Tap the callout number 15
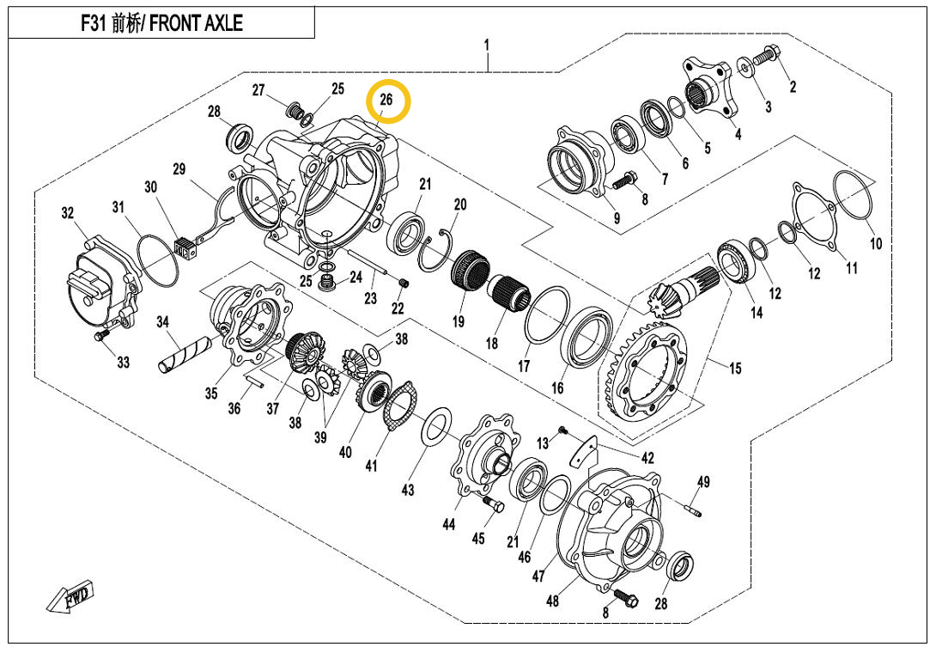(x=735, y=369)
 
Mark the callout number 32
(x=67, y=214)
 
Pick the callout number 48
(x=552, y=601)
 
